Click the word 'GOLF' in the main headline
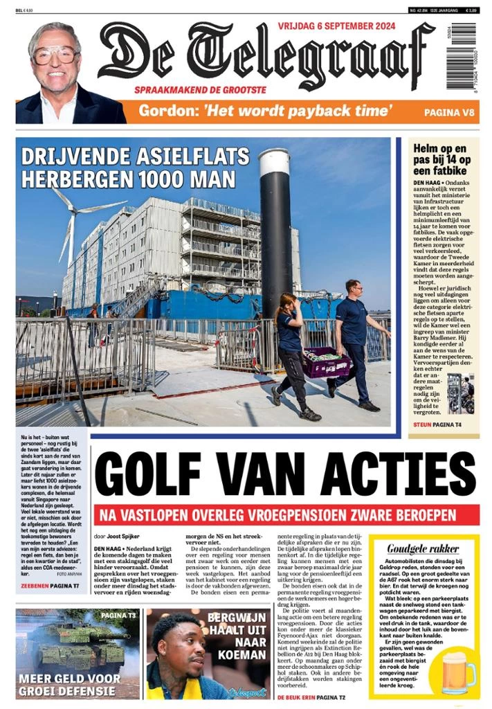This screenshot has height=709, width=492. (x=170, y=476)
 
